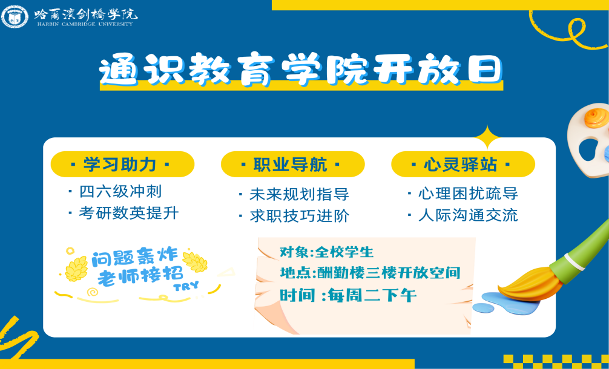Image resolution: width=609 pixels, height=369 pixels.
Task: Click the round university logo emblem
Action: [x=15, y=16]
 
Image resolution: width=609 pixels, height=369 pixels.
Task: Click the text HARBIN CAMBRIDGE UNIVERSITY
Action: [x=85, y=24]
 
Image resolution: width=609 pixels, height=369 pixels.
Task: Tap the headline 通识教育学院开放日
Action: [x=301, y=69]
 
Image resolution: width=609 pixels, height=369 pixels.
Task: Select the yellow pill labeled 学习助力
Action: [x=122, y=164]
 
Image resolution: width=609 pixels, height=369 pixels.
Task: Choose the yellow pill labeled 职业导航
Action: [x=292, y=164]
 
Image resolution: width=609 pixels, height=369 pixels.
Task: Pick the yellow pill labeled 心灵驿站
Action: [x=463, y=164]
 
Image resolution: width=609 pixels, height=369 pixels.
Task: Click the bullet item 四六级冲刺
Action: [x=116, y=192]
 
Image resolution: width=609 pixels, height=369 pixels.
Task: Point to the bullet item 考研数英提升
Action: [x=124, y=213]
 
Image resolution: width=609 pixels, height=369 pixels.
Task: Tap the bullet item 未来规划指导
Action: [x=294, y=194]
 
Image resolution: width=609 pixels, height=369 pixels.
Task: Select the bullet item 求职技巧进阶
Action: [x=294, y=216]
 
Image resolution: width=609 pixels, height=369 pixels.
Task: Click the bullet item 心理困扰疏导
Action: [x=463, y=193]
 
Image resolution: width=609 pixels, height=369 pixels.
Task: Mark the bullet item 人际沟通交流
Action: [x=463, y=215]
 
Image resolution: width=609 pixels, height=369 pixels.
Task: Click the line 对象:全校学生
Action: [x=327, y=252]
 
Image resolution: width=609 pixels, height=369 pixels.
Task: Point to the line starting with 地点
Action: [x=370, y=273]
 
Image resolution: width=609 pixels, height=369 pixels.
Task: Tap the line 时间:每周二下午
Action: [x=348, y=296]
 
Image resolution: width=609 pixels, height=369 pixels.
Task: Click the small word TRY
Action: [x=186, y=286]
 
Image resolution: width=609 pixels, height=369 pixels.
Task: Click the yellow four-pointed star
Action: [x=488, y=137]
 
